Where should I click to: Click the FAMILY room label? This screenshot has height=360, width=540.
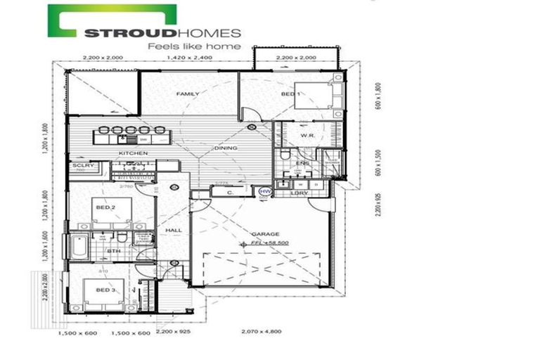point(188,94)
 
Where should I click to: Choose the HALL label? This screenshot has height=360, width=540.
point(174,230)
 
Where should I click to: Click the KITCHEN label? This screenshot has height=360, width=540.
point(132,153)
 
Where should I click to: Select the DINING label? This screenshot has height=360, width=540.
point(226,148)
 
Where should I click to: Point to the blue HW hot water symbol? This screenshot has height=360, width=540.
point(265,191)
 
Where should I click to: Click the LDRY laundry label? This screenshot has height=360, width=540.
point(300,193)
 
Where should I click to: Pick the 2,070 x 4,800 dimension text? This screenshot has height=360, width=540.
point(262,330)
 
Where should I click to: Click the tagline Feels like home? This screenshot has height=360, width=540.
point(193,46)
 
